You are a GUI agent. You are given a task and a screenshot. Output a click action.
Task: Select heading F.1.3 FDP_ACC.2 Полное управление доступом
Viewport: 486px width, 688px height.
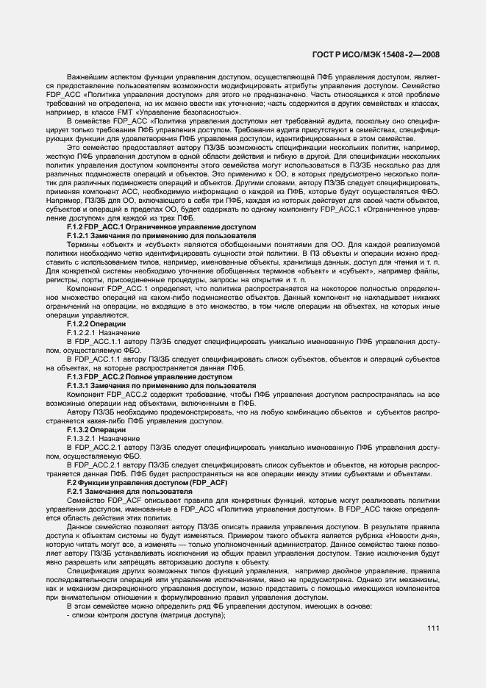(149, 376)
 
